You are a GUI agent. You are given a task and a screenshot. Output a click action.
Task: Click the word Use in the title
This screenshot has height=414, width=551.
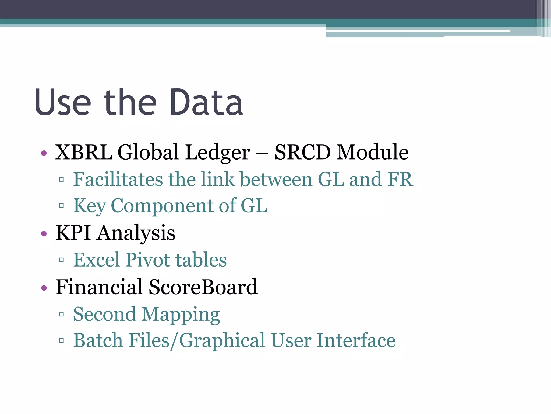[62, 102]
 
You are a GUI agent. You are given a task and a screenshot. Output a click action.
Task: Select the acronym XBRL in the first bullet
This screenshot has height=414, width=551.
[84, 152]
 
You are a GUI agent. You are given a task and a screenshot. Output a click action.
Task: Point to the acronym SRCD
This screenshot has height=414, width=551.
[302, 152]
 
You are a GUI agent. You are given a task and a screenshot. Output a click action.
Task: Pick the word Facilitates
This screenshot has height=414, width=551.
[118, 179]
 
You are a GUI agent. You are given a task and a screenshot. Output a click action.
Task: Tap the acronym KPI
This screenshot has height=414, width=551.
[73, 233]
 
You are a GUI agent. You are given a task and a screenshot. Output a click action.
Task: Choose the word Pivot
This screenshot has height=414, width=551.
[148, 260]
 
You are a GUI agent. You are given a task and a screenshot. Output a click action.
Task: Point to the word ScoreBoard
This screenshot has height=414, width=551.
[203, 287]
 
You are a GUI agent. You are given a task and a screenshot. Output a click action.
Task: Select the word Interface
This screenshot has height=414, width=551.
[356, 340]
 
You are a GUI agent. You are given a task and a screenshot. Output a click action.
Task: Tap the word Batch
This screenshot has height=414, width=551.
[98, 340]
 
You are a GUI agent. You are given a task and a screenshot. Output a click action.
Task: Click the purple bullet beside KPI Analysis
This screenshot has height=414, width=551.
[44, 233]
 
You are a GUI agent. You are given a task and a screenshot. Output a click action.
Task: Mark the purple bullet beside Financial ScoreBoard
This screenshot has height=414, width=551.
[44, 288]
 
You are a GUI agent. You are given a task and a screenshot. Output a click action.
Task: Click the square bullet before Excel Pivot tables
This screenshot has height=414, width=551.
[61, 260]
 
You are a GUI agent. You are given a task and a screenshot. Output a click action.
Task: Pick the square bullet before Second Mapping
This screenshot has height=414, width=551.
[61, 314]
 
